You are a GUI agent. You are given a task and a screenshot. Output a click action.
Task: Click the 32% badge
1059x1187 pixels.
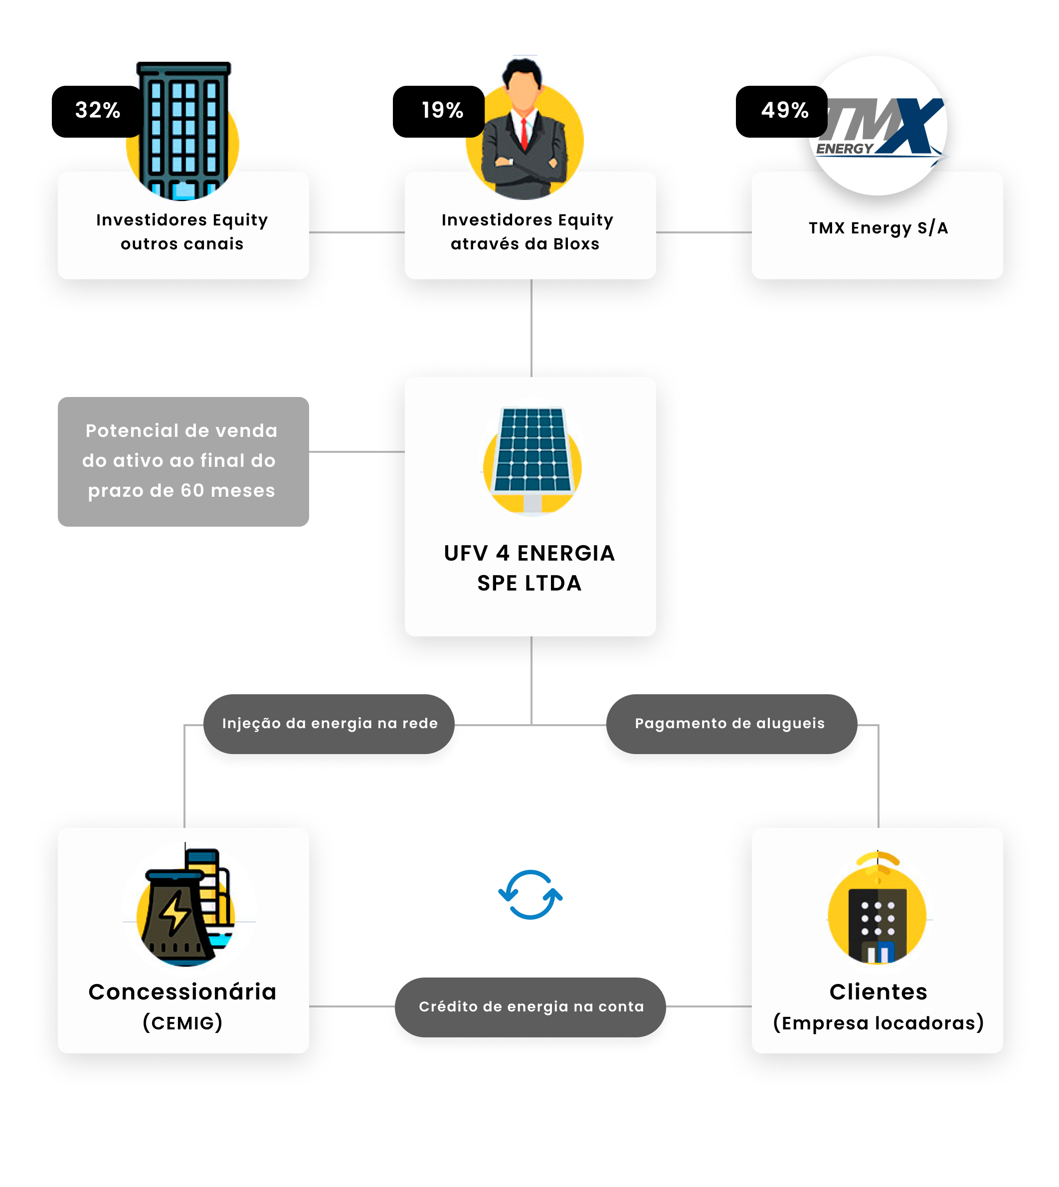point(97,111)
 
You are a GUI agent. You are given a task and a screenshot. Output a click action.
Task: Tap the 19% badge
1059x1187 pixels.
point(439,111)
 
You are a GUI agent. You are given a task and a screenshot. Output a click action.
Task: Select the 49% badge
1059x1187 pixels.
point(781,111)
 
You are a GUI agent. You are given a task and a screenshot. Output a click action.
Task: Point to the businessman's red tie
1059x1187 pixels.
point(524,134)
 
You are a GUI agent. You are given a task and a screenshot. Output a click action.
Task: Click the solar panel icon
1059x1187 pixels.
point(532,460)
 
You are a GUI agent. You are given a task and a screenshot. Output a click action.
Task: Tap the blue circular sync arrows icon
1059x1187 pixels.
point(530,895)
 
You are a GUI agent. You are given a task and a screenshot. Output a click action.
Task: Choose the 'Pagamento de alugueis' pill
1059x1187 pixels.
point(731,724)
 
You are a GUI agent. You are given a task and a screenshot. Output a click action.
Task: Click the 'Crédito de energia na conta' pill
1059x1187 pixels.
point(530,1007)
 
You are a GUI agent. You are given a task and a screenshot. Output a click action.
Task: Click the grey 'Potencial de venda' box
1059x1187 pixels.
point(183,462)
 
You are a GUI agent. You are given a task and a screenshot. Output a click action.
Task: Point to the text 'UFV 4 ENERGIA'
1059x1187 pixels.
point(529,553)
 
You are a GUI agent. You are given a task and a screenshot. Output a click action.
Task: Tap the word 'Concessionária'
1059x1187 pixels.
point(182,991)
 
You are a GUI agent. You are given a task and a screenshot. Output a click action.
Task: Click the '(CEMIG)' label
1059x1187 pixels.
point(182,1023)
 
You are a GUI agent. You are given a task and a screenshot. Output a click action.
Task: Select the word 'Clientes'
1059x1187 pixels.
point(878,991)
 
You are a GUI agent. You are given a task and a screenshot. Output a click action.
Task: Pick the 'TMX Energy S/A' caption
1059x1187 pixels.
point(878,228)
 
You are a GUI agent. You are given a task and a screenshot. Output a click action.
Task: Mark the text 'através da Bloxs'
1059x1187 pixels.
point(525,244)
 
